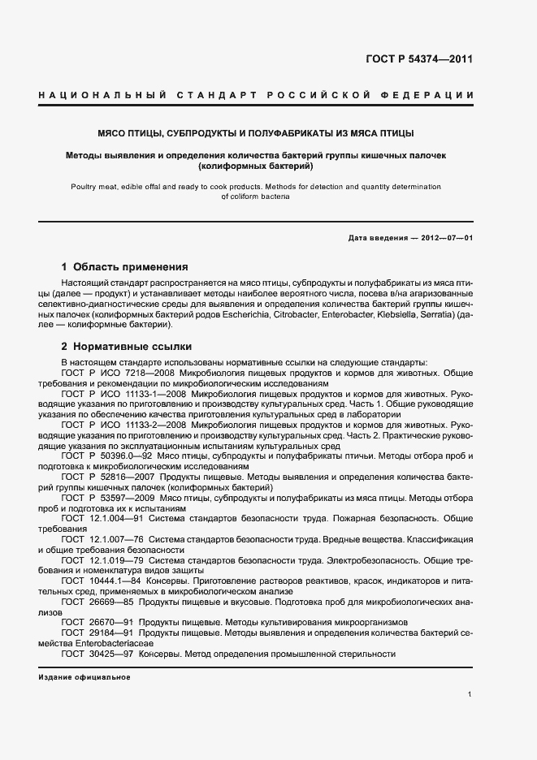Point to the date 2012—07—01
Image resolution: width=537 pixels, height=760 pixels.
[x=447, y=237]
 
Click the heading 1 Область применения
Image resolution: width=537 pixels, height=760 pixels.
[x=125, y=266]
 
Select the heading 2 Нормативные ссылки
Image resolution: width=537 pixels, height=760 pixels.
[x=125, y=346]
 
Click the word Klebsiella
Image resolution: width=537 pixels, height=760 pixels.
[x=436, y=313]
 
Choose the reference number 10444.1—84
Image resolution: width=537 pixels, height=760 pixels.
[x=111, y=581]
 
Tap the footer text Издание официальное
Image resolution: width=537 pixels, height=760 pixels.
[x=84, y=677]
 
